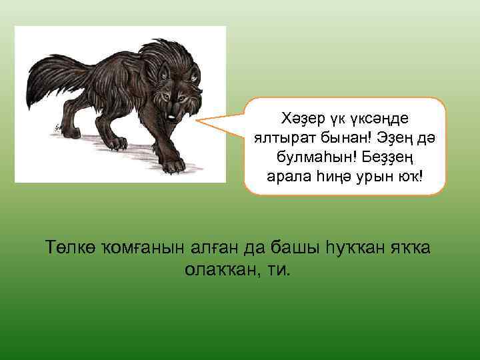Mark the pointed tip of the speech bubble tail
198,122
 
